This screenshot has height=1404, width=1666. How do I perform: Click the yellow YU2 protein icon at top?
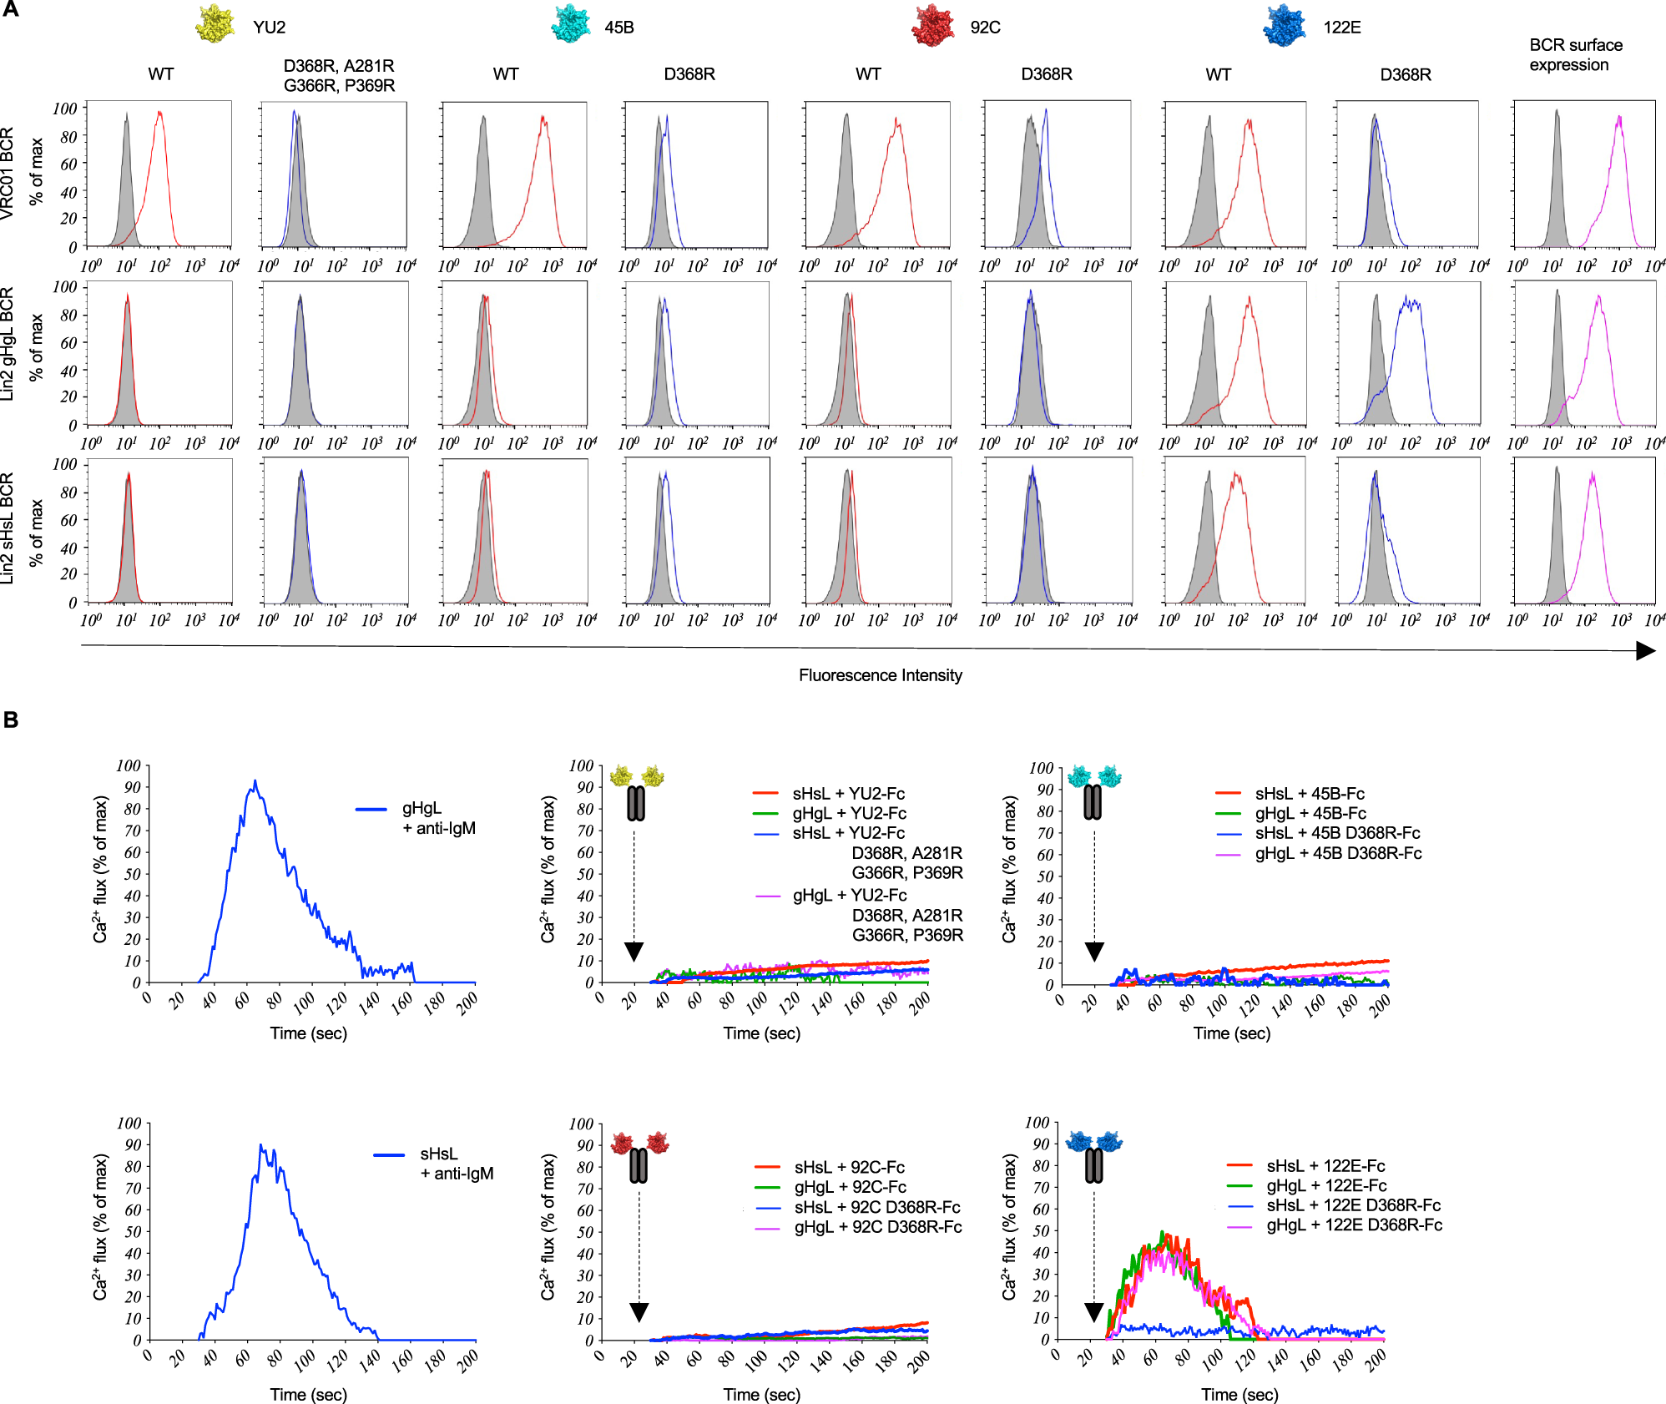click(x=215, y=23)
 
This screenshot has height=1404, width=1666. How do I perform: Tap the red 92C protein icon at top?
click(x=933, y=25)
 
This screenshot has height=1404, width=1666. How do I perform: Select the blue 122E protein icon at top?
click(x=1285, y=25)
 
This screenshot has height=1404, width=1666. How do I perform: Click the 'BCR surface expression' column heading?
click(x=1575, y=55)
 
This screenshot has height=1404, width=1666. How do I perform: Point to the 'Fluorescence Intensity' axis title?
click(x=880, y=675)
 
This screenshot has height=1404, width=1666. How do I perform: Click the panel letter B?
click(x=11, y=720)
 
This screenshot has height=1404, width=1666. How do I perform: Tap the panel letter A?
click(x=10, y=10)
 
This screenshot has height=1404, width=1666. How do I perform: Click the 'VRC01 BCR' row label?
click(x=8, y=174)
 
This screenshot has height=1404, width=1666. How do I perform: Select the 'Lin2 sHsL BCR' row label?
click(x=8, y=528)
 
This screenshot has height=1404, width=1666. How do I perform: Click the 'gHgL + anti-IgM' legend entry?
click(x=438, y=818)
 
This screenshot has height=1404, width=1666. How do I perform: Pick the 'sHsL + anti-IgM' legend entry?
click(x=456, y=1164)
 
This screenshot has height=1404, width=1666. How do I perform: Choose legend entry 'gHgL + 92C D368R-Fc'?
click(x=877, y=1227)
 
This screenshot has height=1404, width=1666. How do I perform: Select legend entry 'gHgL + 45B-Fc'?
click(x=1310, y=813)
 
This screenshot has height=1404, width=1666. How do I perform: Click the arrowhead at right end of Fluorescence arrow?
click(x=1645, y=650)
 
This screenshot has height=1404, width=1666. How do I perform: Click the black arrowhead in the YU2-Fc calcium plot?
click(x=634, y=952)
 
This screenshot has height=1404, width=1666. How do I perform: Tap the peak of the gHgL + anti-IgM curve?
click(x=255, y=781)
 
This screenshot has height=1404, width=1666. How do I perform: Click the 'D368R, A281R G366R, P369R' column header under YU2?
click(x=339, y=75)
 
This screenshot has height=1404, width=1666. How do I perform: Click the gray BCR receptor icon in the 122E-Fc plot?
click(x=1093, y=1166)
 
